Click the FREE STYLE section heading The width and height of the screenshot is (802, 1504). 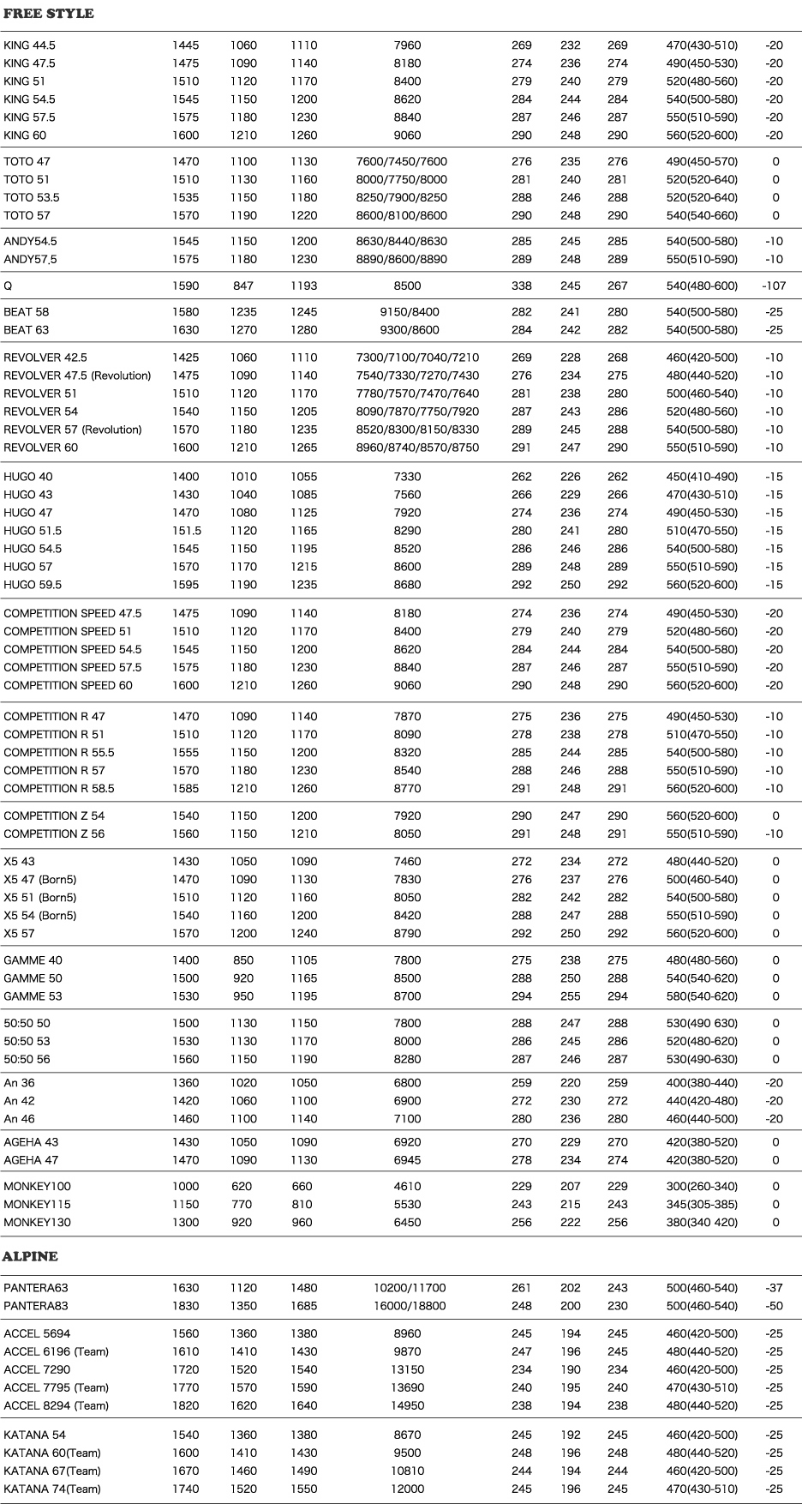coord(49,14)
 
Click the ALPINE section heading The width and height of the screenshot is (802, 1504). coord(31,1256)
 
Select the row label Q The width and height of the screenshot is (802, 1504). coord(8,286)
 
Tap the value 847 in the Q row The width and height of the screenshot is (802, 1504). coord(242,286)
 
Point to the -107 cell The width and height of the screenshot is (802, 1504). coord(774,286)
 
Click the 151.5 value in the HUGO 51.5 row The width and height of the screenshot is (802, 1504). coord(185,531)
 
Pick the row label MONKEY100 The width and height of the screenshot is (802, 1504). coord(37,1187)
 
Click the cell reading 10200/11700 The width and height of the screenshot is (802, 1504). coord(409,1288)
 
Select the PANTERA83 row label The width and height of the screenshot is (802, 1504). coord(36,1306)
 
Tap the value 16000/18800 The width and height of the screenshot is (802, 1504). coord(409,1306)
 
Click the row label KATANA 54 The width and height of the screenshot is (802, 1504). coord(34,1435)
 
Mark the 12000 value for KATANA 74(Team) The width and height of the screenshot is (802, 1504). coord(408,1489)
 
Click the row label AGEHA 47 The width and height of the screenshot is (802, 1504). coord(31,1160)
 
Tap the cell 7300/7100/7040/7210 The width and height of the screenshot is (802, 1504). coord(417,358)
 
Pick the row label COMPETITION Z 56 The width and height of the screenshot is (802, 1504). coord(54,833)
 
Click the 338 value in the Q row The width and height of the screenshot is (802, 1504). coord(521,286)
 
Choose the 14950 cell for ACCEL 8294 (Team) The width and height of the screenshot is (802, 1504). coord(408,1405)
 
